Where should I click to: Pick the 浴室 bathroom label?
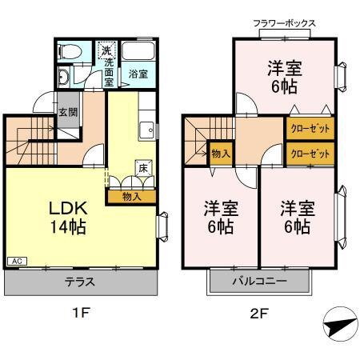click(x=138, y=74)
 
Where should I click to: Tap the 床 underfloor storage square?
click(x=142, y=168)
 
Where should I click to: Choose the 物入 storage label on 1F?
click(x=132, y=194)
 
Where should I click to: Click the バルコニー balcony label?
click(x=260, y=282)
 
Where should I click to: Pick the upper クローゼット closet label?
click(x=309, y=128)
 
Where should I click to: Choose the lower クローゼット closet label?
click(x=309, y=153)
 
